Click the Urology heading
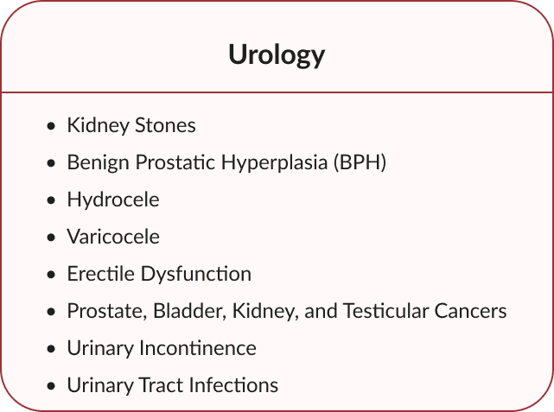[277, 55]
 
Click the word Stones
[165, 125]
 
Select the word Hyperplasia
[275, 163]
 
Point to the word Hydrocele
[113, 200]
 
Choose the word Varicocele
[113, 236]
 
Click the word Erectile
[101, 274]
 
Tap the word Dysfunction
[196, 275]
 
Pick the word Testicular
[385, 311]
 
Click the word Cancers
[471, 311]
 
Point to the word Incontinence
[198, 348]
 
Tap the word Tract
[161, 385]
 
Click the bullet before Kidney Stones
[51, 126]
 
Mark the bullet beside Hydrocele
[51, 200]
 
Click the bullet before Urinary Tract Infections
[51, 386]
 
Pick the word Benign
[99, 163]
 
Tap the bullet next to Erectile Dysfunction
[51, 275]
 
